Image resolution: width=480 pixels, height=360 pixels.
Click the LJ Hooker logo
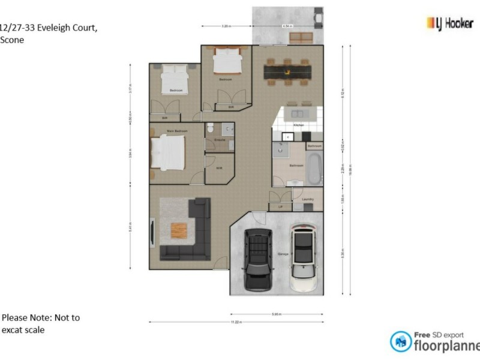pyautogui.click(x=449, y=23)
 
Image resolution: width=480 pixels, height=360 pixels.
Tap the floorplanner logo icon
pyautogui.click(x=401, y=341)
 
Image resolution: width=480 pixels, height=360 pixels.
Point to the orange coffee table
pyautogui.click(x=179, y=230)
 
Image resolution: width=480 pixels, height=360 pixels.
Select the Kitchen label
pyautogui.click(x=298, y=125)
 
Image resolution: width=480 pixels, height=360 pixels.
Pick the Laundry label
pyautogui.click(x=308, y=199)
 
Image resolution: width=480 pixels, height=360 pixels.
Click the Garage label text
pyautogui.click(x=283, y=254)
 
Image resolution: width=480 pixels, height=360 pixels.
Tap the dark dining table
pyautogui.click(x=287, y=73)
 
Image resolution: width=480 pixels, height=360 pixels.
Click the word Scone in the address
pyautogui.click(x=12, y=40)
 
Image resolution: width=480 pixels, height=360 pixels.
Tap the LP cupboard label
pyautogui.click(x=279, y=206)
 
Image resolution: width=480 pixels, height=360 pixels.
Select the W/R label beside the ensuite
pyautogui.click(x=219, y=168)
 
